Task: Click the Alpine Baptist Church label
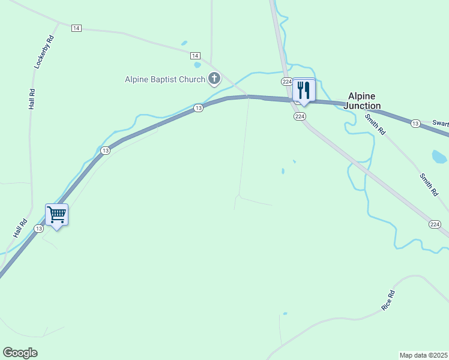coord(164,79)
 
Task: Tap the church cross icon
coord(214,78)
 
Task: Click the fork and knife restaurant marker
coord(304,91)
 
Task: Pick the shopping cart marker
coord(56,214)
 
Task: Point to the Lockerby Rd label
coord(44,52)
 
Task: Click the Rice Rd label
coord(388,300)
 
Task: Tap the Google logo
coord(20,353)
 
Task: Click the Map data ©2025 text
coord(423,355)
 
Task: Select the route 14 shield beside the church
coord(196,55)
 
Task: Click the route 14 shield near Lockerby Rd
coord(76,28)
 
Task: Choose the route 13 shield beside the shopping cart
coord(39,228)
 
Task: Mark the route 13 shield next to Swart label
coord(415,123)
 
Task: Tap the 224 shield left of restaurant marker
coord(286,82)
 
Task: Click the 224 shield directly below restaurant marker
coord(300,116)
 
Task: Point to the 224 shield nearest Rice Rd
coord(435,224)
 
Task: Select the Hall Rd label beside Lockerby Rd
coord(32,99)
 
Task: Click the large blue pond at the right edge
coord(439,157)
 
